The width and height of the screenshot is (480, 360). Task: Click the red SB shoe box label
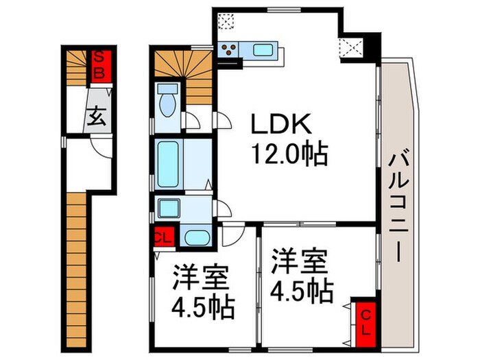point(99,66)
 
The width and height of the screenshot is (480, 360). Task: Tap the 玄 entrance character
point(97,117)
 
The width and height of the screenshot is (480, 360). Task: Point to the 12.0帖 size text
point(289,152)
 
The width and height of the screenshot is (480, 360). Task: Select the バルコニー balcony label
point(398,208)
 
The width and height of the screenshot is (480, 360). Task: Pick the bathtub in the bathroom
point(168,165)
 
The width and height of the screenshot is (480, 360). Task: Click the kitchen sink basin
point(263,49)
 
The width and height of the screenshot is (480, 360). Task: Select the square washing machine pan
point(167,208)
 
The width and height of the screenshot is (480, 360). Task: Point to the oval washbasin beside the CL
point(197,237)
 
